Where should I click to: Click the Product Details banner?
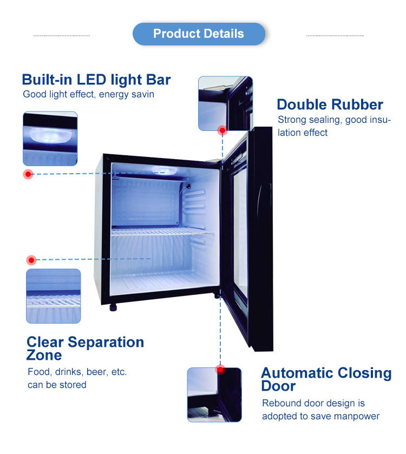pos(199,34)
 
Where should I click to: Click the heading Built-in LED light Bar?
pos(96,80)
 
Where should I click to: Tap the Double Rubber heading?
pos(330,104)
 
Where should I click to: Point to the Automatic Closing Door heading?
pos(326,379)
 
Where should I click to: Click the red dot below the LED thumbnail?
pos(28,174)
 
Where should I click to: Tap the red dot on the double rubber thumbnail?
pos(222,130)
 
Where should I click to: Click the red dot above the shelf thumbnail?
pos(31,260)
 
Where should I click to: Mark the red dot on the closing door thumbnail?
pos(220,370)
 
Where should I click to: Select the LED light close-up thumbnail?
pos(50,138)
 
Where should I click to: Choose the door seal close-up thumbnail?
pos(225,103)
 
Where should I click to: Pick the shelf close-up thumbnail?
pos(53,296)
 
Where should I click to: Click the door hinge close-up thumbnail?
pos(214,395)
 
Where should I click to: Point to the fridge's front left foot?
pos(113,307)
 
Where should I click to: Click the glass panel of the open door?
pos(241,233)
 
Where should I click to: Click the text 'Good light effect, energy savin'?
pos(88,95)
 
